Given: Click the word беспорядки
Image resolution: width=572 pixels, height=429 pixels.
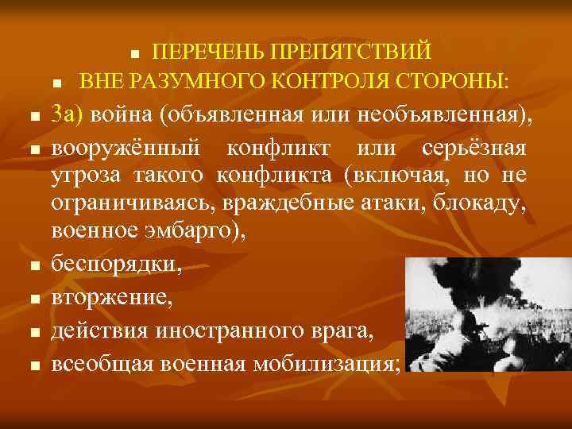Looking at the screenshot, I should pyautogui.click(x=116, y=266).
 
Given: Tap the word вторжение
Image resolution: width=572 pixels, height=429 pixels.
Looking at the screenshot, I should pyautogui.click(x=109, y=299).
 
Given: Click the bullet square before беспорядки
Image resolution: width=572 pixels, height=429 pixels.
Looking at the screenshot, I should pyautogui.click(x=33, y=268).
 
